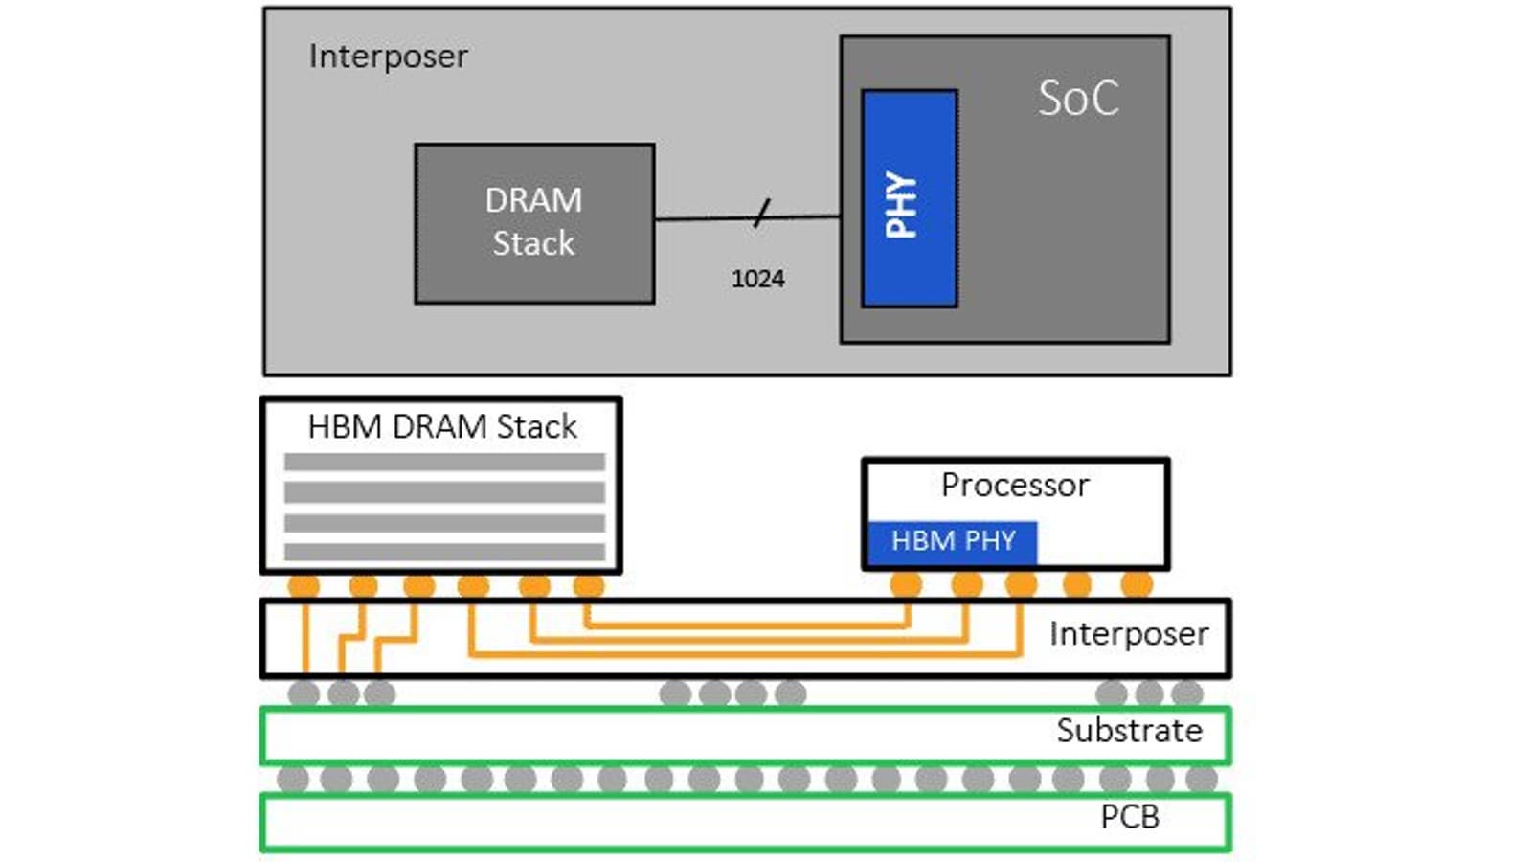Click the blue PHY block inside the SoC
[x=909, y=199]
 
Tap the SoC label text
[x=1078, y=99]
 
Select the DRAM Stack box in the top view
[x=534, y=223]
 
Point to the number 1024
[x=757, y=279]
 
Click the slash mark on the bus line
[x=761, y=214]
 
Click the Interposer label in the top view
[x=388, y=57]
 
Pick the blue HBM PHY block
[x=953, y=541]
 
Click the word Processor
[x=1015, y=486]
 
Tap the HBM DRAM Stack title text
[x=442, y=426]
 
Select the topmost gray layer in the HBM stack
[x=444, y=462]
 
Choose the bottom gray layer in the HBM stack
[x=444, y=552]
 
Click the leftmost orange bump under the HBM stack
[x=304, y=585]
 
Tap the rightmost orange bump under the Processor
[x=1137, y=583]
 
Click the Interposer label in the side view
[x=1129, y=634]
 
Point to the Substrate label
[x=1129, y=731]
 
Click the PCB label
[x=1130, y=817]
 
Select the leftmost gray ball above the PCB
[x=293, y=779]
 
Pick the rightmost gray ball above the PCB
[x=1202, y=779]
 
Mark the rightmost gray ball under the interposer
[x=1186, y=692]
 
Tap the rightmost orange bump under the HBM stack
[x=589, y=585]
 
